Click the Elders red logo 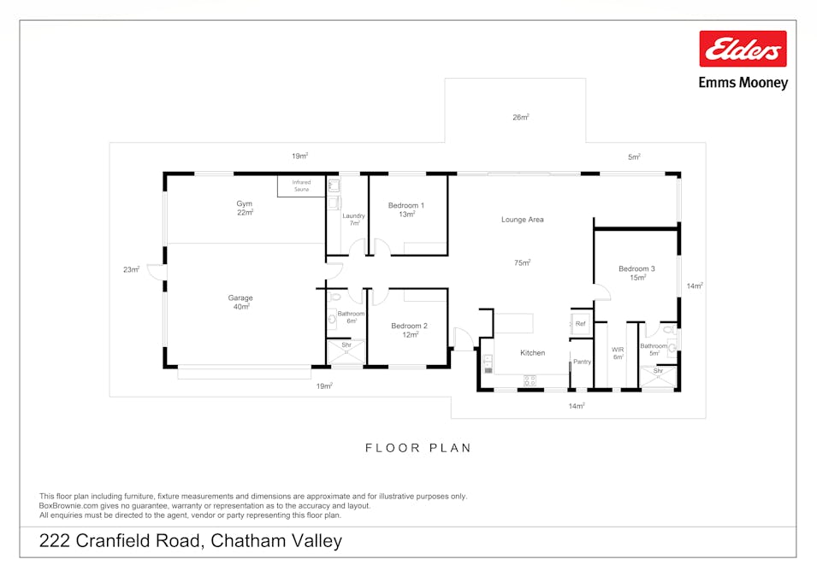pos(743,49)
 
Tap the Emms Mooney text pos(743,83)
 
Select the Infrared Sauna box pos(301,185)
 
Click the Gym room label pos(245,203)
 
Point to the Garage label pos(240,298)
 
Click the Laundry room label pos(353,216)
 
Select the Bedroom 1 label pos(406,205)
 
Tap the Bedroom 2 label pos(409,326)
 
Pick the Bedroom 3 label pos(636,269)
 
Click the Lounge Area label pos(522,220)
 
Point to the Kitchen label pos(532,352)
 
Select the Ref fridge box pos(580,323)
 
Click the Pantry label pos(582,362)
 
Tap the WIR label pos(618,350)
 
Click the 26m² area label pos(520,117)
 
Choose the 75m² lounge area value pos(522,262)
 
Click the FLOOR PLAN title pos(418,448)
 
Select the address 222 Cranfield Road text pos(191,540)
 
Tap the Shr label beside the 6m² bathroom pos(346,345)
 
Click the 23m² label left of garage pos(131,269)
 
